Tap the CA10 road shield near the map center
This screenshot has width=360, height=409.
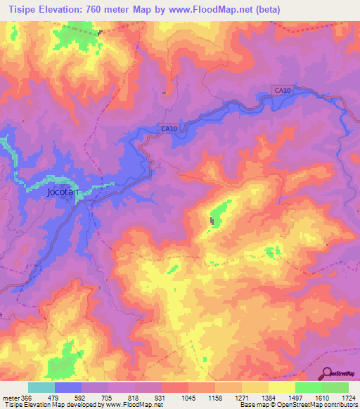coord(167,129)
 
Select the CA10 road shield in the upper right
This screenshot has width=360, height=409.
coord(283,90)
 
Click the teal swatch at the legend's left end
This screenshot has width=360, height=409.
coord(41,388)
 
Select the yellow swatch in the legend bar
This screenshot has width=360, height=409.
coord(281,388)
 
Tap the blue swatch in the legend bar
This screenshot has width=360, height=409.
coord(67,388)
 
